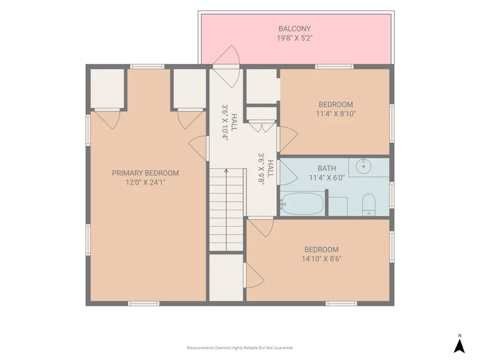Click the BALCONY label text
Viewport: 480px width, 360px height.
295,28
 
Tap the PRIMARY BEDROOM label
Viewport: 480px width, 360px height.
145,173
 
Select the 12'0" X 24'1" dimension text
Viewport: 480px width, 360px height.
145,182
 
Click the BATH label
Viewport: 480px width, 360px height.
326,168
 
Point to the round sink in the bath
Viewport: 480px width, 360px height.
363,166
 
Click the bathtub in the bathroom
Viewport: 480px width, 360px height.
302,204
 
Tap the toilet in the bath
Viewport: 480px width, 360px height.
369,204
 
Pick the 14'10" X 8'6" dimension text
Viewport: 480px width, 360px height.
322,259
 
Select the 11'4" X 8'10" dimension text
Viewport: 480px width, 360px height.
336,114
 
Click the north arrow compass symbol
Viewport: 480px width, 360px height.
459,346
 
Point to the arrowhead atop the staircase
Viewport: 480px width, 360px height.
226,170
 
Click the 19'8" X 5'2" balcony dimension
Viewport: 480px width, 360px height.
295,38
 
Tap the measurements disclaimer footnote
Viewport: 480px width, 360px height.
240,348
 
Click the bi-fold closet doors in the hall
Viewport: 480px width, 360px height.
262,126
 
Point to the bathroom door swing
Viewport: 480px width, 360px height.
288,172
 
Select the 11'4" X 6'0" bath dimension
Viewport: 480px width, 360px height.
326,178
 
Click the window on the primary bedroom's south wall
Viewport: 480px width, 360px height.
144,304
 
